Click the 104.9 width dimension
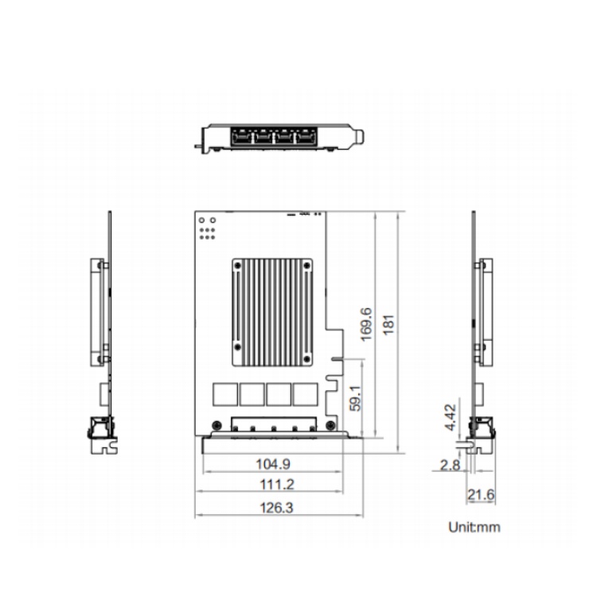click(272, 464)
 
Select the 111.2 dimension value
click(277, 484)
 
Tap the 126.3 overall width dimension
click(276, 508)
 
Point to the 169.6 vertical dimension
click(366, 325)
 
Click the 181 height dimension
click(388, 325)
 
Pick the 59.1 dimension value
click(355, 398)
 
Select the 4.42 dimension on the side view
click(450, 417)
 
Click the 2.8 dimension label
click(450, 465)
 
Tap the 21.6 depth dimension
click(481, 494)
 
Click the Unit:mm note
click(474, 527)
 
